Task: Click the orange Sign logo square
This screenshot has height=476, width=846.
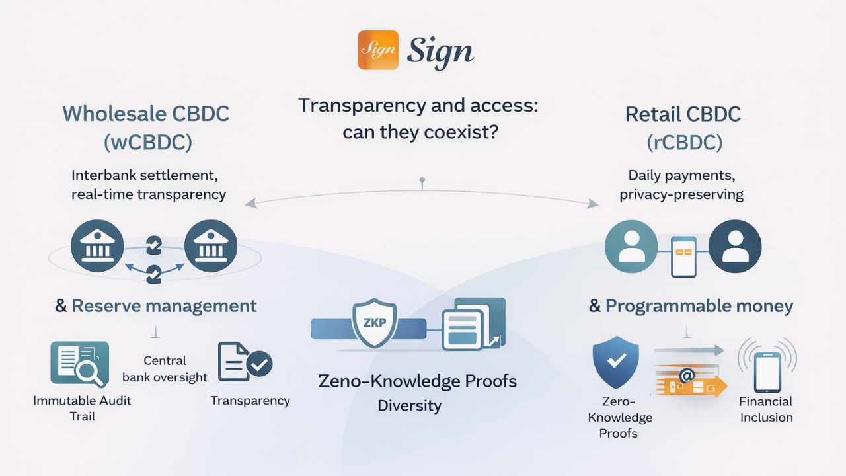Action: tap(378, 50)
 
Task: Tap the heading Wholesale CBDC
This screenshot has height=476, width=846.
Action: tap(146, 114)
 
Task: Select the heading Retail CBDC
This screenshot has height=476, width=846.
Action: tap(683, 114)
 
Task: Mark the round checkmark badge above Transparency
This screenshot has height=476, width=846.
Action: tap(259, 363)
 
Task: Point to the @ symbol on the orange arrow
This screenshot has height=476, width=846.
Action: tap(686, 376)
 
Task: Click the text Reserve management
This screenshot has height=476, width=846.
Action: tap(164, 306)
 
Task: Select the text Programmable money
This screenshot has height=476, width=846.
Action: tap(699, 306)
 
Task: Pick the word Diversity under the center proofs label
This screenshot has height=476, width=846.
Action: tap(409, 405)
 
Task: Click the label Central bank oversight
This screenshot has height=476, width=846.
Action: tap(165, 369)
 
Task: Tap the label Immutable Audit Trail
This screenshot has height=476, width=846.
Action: tap(82, 408)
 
